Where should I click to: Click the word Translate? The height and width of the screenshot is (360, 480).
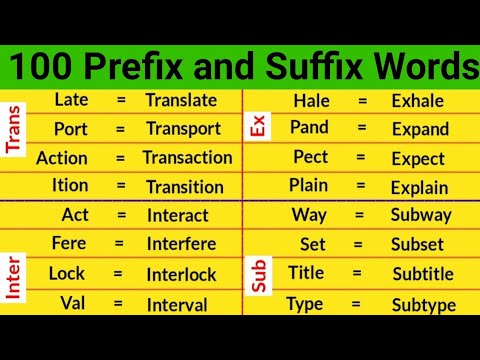[x=180, y=100]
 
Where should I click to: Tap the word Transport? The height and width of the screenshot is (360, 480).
[x=183, y=129]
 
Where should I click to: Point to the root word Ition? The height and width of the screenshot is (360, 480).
[x=70, y=186]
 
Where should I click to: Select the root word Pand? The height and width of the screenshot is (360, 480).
[x=309, y=128]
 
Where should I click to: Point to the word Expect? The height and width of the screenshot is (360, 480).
[x=418, y=159]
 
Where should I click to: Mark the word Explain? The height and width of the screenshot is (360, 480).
[x=420, y=187]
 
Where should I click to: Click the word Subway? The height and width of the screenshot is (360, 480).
[x=421, y=215]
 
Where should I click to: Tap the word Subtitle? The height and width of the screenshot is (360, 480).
[x=423, y=274]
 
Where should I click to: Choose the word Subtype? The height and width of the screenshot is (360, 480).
[x=423, y=304]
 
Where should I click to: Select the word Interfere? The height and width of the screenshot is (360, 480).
[x=183, y=245]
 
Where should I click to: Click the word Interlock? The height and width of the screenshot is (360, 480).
[x=181, y=275]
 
